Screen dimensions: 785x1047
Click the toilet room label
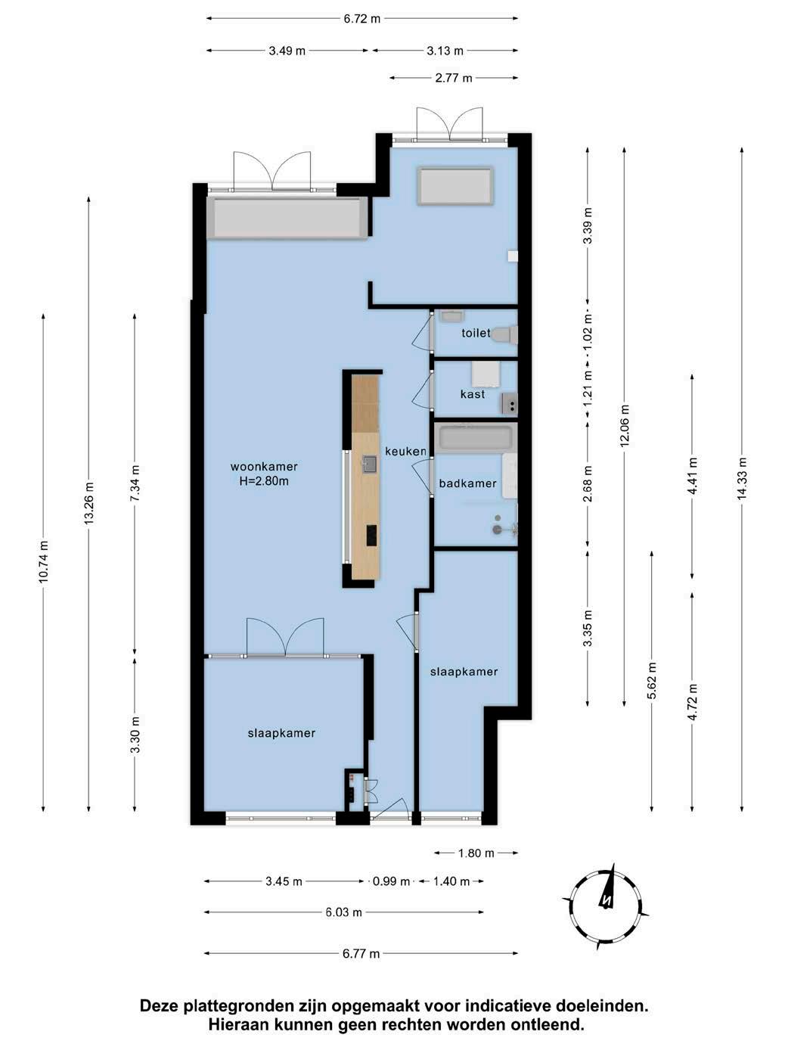476,333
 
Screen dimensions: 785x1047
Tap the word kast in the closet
473,394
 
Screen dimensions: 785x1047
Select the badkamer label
467,483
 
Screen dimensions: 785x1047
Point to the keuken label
405,451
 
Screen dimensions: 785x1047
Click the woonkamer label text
264,467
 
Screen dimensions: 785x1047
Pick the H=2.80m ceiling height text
264,481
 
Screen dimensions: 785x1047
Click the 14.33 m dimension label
742,478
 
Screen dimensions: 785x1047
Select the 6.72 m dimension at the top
362,19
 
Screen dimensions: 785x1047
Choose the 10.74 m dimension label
43,561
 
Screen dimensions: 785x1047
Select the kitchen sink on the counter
369,464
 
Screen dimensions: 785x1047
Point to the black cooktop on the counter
371,535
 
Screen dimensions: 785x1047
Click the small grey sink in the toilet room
451,315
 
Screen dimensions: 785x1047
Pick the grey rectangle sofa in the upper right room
455,186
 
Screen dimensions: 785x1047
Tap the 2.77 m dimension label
453,78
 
